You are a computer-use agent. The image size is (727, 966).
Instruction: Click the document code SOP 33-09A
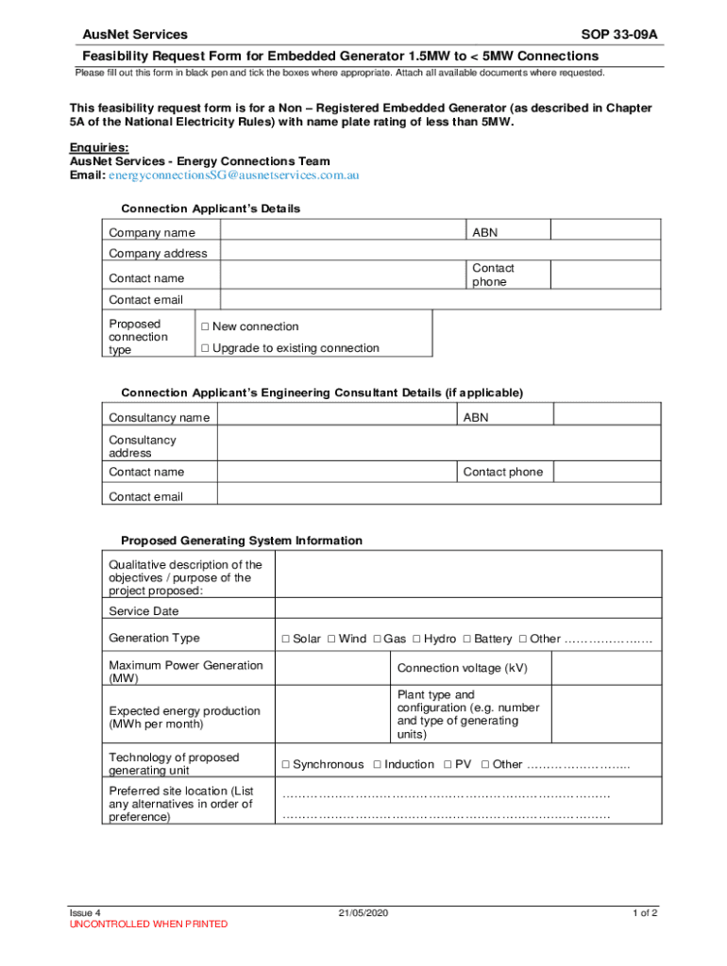point(619,35)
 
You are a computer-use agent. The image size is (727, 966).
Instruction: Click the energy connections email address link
point(233,175)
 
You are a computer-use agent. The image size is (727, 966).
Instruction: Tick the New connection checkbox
point(205,327)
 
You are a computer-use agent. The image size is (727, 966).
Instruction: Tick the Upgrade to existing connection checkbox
point(205,349)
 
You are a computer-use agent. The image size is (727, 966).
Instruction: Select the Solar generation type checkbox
point(285,640)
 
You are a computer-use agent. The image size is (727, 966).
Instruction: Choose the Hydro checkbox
point(416,640)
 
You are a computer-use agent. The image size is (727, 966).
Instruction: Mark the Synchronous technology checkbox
point(285,765)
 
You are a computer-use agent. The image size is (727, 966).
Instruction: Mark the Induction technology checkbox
point(377,765)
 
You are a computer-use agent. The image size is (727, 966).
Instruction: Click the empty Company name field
point(343,232)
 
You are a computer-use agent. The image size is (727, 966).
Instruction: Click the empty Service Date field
point(467,610)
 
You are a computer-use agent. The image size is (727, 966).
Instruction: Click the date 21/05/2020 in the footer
point(363,913)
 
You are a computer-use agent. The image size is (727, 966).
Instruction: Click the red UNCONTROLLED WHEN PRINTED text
point(148,924)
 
